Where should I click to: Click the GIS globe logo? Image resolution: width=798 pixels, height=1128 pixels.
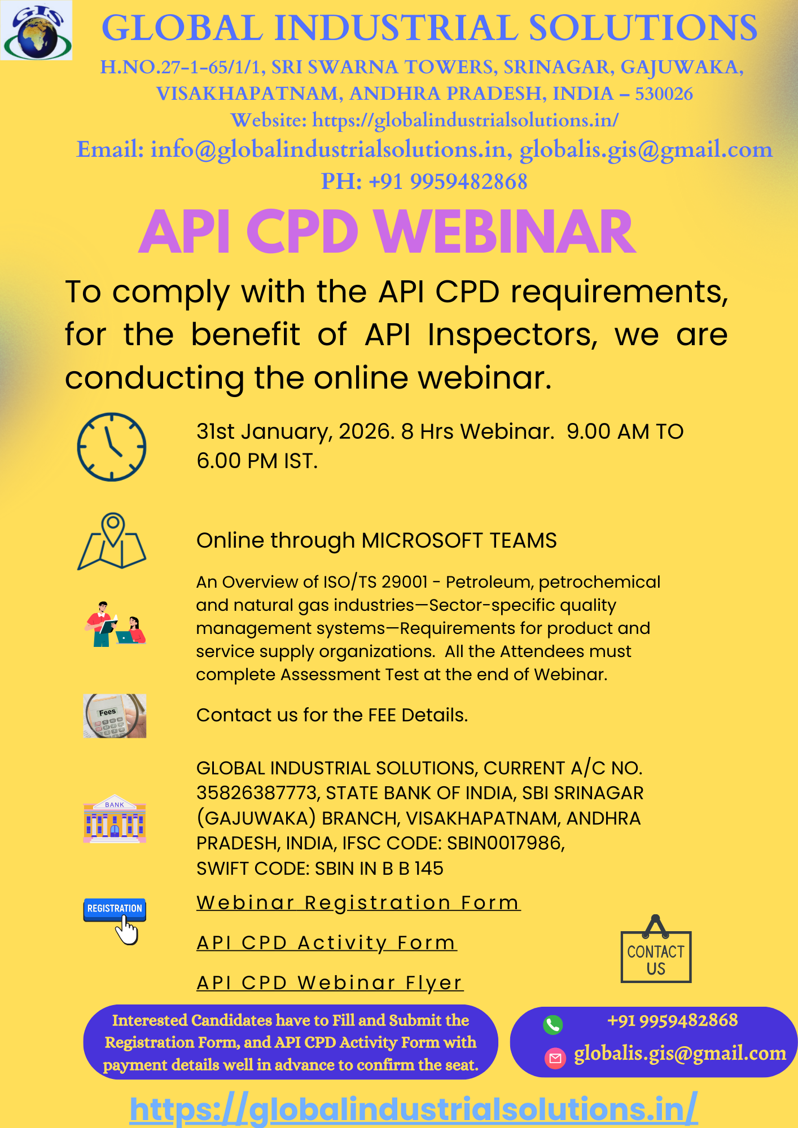click(37, 30)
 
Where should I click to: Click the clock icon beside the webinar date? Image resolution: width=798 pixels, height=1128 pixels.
click(112, 447)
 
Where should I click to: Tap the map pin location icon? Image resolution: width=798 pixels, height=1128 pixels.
click(112, 541)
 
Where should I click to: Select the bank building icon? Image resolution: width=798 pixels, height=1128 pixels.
click(115, 819)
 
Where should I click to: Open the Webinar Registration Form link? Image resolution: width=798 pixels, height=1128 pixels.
click(358, 902)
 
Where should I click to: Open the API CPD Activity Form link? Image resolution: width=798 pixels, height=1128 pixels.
click(327, 942)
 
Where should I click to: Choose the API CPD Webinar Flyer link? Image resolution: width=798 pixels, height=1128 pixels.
click(330, 982)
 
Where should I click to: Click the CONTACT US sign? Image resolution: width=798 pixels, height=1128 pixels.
click(656, 959)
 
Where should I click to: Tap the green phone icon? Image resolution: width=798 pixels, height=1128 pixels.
click(553, 1024)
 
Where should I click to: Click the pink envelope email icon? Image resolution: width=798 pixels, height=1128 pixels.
click(555, 1058)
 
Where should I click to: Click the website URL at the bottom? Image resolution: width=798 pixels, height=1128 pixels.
click(414, 1109)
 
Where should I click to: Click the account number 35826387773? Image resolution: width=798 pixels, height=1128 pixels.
click(257, 793)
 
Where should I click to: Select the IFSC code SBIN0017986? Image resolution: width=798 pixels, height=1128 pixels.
click(505, 843)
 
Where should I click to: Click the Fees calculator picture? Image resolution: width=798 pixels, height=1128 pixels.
click(115, 716)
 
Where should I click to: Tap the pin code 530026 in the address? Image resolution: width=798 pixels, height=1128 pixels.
click(664, 94)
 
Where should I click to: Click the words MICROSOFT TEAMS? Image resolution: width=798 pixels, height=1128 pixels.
click(459, 540)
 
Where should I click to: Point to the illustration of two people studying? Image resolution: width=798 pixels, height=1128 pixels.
click(115, 624)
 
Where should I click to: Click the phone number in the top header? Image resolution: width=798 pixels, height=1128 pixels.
click(448, 182)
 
